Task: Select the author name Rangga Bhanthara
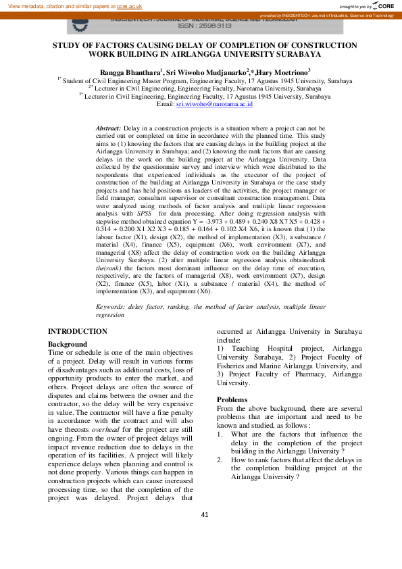pos(129,71)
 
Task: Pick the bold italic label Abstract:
pos(108,128)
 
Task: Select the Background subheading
pos(67,344)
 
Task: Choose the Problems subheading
pos(233,399)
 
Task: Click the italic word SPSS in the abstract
pos(145,212)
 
